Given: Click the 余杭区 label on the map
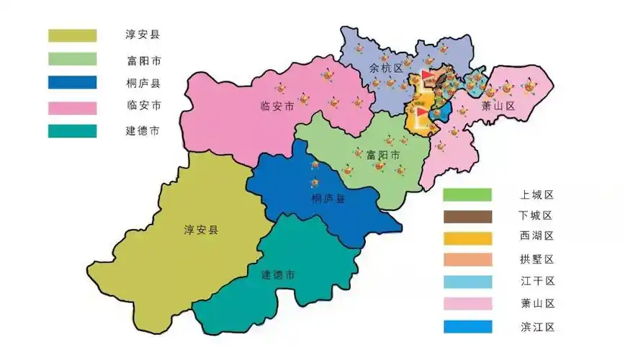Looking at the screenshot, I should pyautogui.click(x=382, y=68).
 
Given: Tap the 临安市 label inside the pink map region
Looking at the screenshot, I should pyautogui.click(x=277, y=107).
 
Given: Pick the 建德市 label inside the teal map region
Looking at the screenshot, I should pyautogui.click(x=278, y=275).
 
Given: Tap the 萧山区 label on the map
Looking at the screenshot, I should pyautogui.click(x=499, y=107).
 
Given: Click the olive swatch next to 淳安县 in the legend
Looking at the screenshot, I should pyautogui.click(x=72, y=35).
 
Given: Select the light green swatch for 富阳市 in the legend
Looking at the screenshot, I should pyautogui.click(x=72, y=59).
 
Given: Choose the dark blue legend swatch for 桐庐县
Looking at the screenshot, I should pyautogui.click(x=72, y=83).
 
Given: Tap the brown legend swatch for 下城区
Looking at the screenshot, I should pyautogui.click(x=467, y=216).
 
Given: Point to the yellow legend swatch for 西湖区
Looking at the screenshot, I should pyautogui.click(x=467, y=238).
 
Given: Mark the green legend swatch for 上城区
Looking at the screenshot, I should pyautogui.click(x=467, y=194).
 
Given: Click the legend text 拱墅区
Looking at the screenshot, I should pyautogui.click(x=536, y=259).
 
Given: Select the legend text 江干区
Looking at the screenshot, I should pyautogui.click(x=536, y=282).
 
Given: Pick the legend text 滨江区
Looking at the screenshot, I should pyautogui.click(x=536, y=326).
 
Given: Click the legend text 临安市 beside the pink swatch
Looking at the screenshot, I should pyautogui.click(x=143, y=106).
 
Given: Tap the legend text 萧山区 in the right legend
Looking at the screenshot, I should pyautogui.click(x=536, y=304).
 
